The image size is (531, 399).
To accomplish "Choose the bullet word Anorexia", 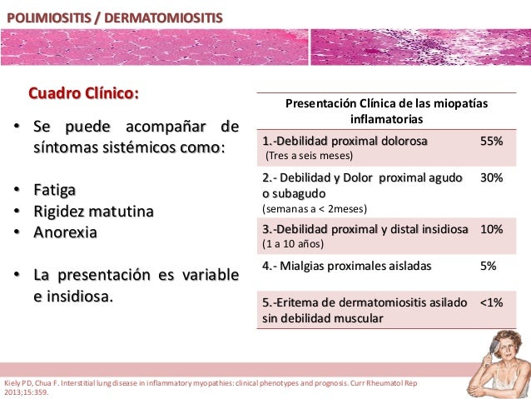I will pyautogui.click(x=65, y=232).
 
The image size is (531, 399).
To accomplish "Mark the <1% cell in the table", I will pyautogui.click(x=491, y=303).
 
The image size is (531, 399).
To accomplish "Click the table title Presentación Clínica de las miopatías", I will pyautogui.click(x=387, y=104).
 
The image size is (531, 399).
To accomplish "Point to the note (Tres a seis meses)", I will pyautogui.click(x=309, y=156).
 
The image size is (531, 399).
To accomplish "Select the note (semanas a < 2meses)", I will pyautogui.click(x=315, y=208).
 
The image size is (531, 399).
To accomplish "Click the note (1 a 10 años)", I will pyautogui.click(x=292, y=244).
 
